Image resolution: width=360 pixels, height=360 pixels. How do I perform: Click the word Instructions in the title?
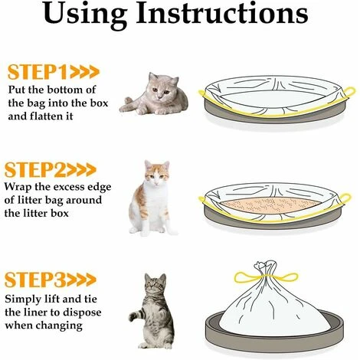[222, 13]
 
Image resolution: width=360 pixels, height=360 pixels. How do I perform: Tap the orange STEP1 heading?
[38, 72]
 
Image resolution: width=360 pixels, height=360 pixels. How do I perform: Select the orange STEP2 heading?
[35, 169]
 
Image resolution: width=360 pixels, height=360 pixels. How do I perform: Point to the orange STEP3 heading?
[35, 280]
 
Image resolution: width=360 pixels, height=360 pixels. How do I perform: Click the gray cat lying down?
[155, 94]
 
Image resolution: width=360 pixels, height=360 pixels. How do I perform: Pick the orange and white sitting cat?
[151, 198]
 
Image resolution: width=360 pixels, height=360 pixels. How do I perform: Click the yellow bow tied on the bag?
[266, 277]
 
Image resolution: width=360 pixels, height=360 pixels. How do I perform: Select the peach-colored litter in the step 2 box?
[270, 205]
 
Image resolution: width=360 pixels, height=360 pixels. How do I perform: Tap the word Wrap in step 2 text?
[18, 187]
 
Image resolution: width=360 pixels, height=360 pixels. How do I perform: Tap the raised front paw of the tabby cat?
[133, 316]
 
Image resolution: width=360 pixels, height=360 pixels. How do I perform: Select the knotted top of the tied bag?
[266, 267]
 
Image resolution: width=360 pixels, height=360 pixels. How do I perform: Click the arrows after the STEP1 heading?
[84, 72]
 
